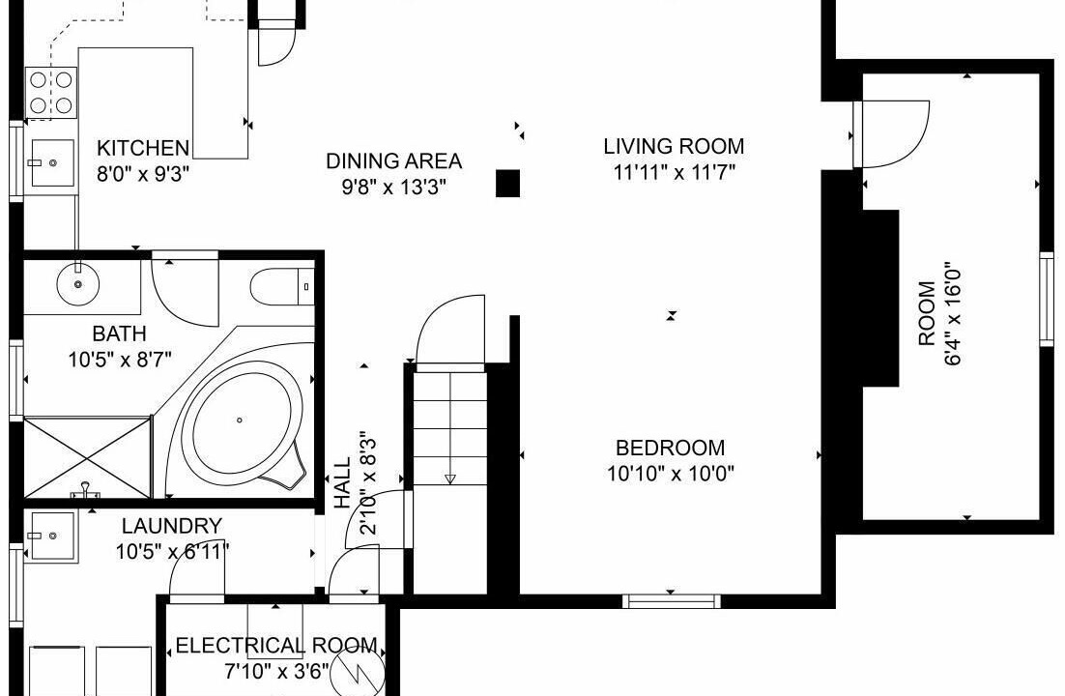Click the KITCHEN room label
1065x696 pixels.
(x=143, y=148)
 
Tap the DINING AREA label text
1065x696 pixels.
(x=394, y=161)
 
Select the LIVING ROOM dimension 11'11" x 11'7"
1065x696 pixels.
(x=674, y=172)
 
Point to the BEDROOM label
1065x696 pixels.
(x=671, y=448)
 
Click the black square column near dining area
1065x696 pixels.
(x=507, y=184)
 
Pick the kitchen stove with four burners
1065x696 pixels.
(x=51, y=93)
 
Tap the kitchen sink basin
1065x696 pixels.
(x=52, y=163)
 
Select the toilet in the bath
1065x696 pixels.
(x=282, y=287)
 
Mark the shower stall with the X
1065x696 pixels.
(x=87, y=456)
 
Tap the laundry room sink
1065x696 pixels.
(x=52, y=536)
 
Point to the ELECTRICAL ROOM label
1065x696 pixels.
(x=276, y=645)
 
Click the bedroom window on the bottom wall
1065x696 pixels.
(x=671, y=601)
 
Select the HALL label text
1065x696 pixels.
(x=343, y=482)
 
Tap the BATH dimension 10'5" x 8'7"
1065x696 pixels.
(x=120, y=359)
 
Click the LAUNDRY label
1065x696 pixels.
(x=172, y=526)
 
